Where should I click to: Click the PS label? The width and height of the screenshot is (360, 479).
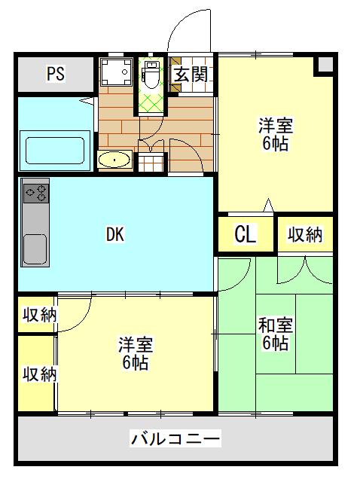pos(56,73)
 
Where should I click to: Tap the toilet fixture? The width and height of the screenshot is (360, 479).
pos(151,75)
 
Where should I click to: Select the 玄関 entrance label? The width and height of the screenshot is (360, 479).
pos(191,75)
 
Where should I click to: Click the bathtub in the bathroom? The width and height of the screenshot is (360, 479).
pos(55,151)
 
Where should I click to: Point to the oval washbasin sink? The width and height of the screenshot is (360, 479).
pos(114,159)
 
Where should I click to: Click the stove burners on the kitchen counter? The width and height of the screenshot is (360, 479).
pos(36,194)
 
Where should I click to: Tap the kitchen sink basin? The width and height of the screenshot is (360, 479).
pos(35,249)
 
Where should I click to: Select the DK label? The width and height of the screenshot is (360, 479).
pos(115,234)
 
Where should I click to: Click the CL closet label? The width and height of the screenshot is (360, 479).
pos(246,234)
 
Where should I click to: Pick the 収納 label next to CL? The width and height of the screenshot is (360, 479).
pos(305,235)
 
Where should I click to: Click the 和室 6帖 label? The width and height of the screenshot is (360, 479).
pos(276,334)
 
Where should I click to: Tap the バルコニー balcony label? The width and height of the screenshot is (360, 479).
pos(175,438)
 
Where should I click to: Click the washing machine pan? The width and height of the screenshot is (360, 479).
pos(116,72)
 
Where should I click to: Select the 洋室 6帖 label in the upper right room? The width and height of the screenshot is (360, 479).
pos(276,134)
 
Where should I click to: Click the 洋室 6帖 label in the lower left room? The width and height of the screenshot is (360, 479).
pos(136,352)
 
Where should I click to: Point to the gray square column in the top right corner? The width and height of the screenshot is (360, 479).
pos(326,65)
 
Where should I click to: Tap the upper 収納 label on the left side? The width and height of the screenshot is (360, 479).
pos(39,315)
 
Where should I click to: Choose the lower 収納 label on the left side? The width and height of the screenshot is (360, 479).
pos(39,374)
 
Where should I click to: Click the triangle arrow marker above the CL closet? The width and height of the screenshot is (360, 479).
pos(269,205)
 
